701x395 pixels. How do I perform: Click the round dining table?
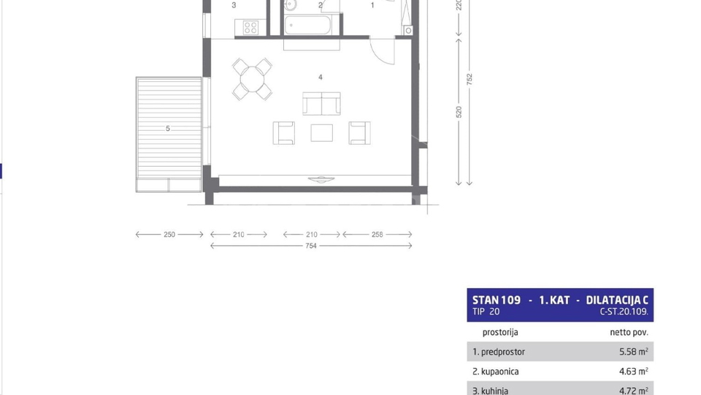tap(252, 78)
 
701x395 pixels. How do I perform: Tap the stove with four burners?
tap(250, 28)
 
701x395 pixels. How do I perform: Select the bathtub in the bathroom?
tap(309, 26)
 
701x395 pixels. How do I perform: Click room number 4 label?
tap(320, 76)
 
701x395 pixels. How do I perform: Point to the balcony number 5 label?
tap(167, 129)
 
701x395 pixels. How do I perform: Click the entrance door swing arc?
tap(382, 50)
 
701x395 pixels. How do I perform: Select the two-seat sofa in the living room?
tap(322, 104)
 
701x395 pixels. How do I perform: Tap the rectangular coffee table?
tap(321, 132)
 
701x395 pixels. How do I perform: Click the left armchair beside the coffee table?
tap(284, 132)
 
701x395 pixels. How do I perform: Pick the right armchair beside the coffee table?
tap(359, 132)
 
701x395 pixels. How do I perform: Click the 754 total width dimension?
tap(311, 247)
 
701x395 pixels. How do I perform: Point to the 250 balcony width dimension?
tap(169, 235)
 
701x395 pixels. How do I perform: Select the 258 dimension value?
tap(378, 235)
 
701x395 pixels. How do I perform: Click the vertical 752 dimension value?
tap(470, 78)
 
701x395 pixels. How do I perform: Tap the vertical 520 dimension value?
tap(459, 112)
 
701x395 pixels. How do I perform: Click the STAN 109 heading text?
tap(497, 300)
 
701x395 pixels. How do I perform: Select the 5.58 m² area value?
tap(634, 352)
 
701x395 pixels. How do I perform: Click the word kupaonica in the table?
tap(496, 372)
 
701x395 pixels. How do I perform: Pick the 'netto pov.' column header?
tap(629, 332)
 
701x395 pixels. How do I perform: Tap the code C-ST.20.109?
tap(624, 312)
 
